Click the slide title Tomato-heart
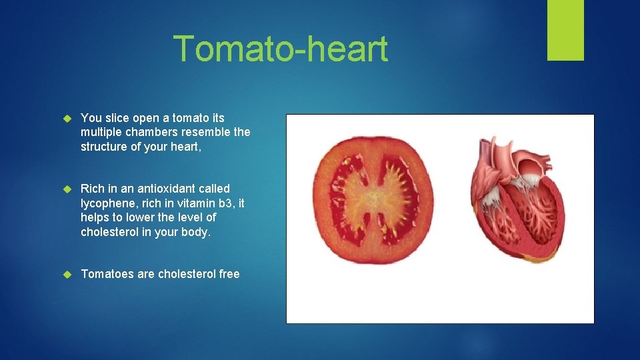coord(280,49)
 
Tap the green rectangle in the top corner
coord(565,30)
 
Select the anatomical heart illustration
coord(517,200)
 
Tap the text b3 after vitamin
coord(230,203)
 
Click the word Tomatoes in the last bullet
coord(107,274)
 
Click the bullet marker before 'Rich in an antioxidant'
coord(66,189)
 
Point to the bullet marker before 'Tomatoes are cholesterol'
coord(66,275)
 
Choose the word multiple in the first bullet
coord(101,132)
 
